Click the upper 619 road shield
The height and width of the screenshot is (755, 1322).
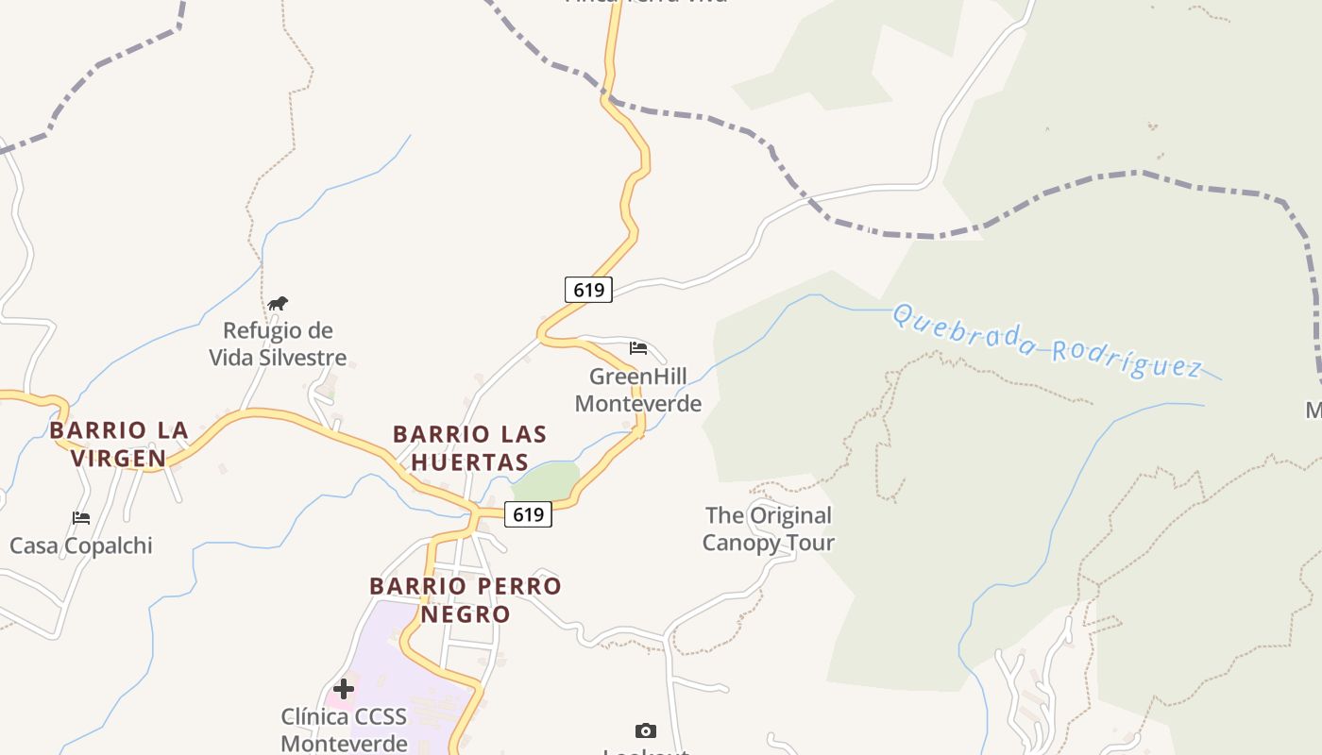pyautogui.click(x=588, y=289)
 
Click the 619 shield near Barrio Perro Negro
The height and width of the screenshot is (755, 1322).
pyautogui.click(x=528, y=514)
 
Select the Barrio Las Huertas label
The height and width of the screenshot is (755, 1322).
pyautogui.click(x=470, y=448)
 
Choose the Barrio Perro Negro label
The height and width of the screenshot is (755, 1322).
pyautogui.click(x=466, y=599)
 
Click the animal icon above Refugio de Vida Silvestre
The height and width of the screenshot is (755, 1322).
pyautogui.click(x=277, y=304)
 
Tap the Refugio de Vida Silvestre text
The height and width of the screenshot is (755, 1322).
pyautogui.click(x=278, y=344)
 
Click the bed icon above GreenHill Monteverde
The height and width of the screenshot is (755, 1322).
pyautogui.click(x=638, y=348)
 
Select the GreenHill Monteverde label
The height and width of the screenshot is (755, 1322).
pyautogui.click(x=638, y=390)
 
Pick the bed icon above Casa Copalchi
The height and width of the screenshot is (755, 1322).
pyautogui.click(x=81, y=518)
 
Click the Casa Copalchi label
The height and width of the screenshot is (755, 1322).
pyautogui.click(x=81, y=545)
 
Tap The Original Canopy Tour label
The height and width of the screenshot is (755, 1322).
pyautogui.click(x=769, y=528)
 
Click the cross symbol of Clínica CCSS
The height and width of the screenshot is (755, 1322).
pyautogui.click(x=344, y=688)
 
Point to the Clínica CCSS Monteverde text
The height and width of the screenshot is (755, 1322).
pyautogui.click(x=344, y=730)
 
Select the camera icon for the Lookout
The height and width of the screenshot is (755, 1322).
pyautogui.click(x=646, y=730)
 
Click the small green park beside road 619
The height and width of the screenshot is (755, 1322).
pyautogui.click(x=546, y=481)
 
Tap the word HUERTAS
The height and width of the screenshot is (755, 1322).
pyautogui.click(x=470, y=462)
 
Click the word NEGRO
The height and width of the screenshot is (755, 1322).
pyautogui.click(x=466, y=614)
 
